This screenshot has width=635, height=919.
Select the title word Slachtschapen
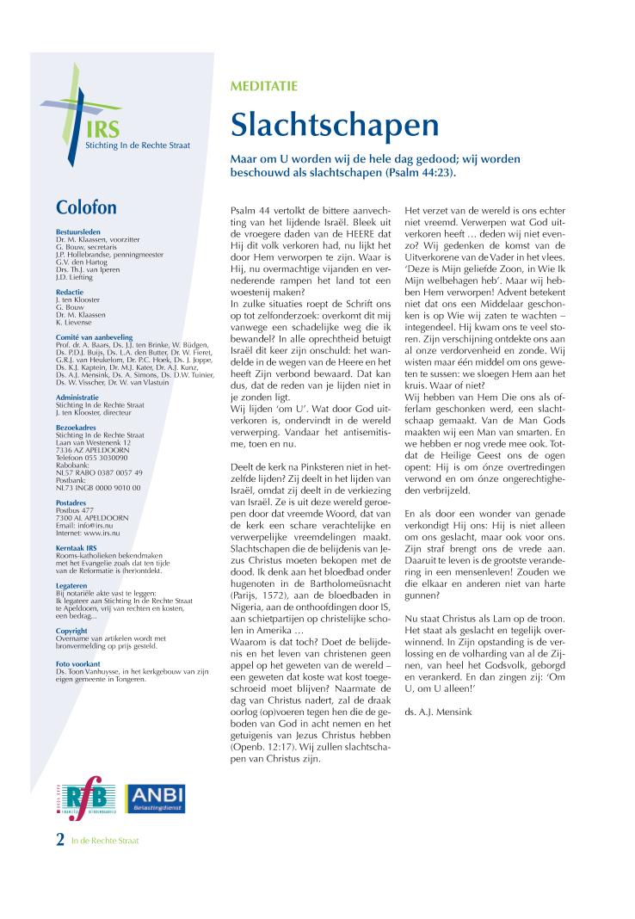coord(334,126)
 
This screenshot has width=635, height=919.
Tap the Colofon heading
coord(86,208)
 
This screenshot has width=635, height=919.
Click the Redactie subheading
coord(70,293)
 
